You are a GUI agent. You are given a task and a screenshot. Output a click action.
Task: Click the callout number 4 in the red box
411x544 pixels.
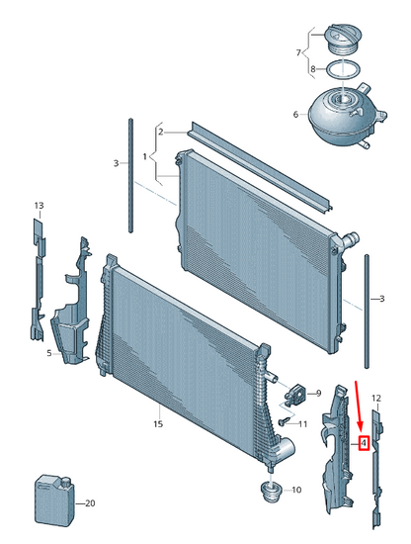[x=364, y=443]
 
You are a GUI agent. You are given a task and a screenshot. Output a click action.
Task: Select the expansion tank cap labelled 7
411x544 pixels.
[x=343, y=41]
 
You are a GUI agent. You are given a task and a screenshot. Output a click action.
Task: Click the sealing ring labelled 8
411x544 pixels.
[x=343, y=69]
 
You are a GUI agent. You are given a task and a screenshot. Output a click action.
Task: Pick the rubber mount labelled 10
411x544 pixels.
[x=271, y=492]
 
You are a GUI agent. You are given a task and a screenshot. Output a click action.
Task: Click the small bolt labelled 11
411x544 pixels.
[x=284, y=421]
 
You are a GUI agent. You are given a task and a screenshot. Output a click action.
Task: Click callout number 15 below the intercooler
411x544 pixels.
[x=158, y=424]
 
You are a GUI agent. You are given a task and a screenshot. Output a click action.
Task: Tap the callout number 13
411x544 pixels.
[x=39, y=206]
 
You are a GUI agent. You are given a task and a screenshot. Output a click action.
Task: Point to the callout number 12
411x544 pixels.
[x=376, y=398]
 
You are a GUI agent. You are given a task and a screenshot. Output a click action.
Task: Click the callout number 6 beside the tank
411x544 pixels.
[x=295, y=114]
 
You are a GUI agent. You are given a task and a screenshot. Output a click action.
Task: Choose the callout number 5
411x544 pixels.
[x=49, y=353]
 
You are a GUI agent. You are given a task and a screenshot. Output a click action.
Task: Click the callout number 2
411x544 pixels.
[x=160, y=132]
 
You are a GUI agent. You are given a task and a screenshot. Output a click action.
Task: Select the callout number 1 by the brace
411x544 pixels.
[x=145, y=157]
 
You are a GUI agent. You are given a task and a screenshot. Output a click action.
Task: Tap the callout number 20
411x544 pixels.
[x=90, y=503]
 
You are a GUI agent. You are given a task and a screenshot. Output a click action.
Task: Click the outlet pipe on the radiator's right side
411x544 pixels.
[x=351, y=239]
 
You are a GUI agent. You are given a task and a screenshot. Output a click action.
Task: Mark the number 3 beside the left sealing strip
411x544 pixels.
[x=117, y=163]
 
